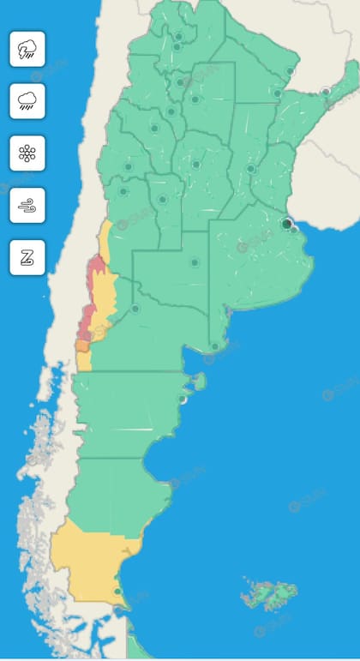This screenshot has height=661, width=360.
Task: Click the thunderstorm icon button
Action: [27, 49]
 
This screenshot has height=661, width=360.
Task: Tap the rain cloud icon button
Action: [27, 101]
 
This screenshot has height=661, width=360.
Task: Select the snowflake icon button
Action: [27, 153]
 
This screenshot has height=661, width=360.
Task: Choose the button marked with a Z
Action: [27, 257]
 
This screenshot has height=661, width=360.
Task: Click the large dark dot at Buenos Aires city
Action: [286, 224]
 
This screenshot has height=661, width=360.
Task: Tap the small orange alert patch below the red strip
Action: [82, 345]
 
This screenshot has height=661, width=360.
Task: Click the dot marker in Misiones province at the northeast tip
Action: [326, 91]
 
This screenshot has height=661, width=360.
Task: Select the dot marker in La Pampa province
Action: [195, 262]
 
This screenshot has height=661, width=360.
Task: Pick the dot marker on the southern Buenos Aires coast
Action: [214, 346]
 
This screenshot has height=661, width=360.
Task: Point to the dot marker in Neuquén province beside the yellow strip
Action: [135, 309]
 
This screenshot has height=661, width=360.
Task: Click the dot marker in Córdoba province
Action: [195, 165]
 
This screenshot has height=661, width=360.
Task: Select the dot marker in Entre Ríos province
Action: [250, 169]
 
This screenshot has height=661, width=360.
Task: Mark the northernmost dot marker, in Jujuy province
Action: [178, 36]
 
